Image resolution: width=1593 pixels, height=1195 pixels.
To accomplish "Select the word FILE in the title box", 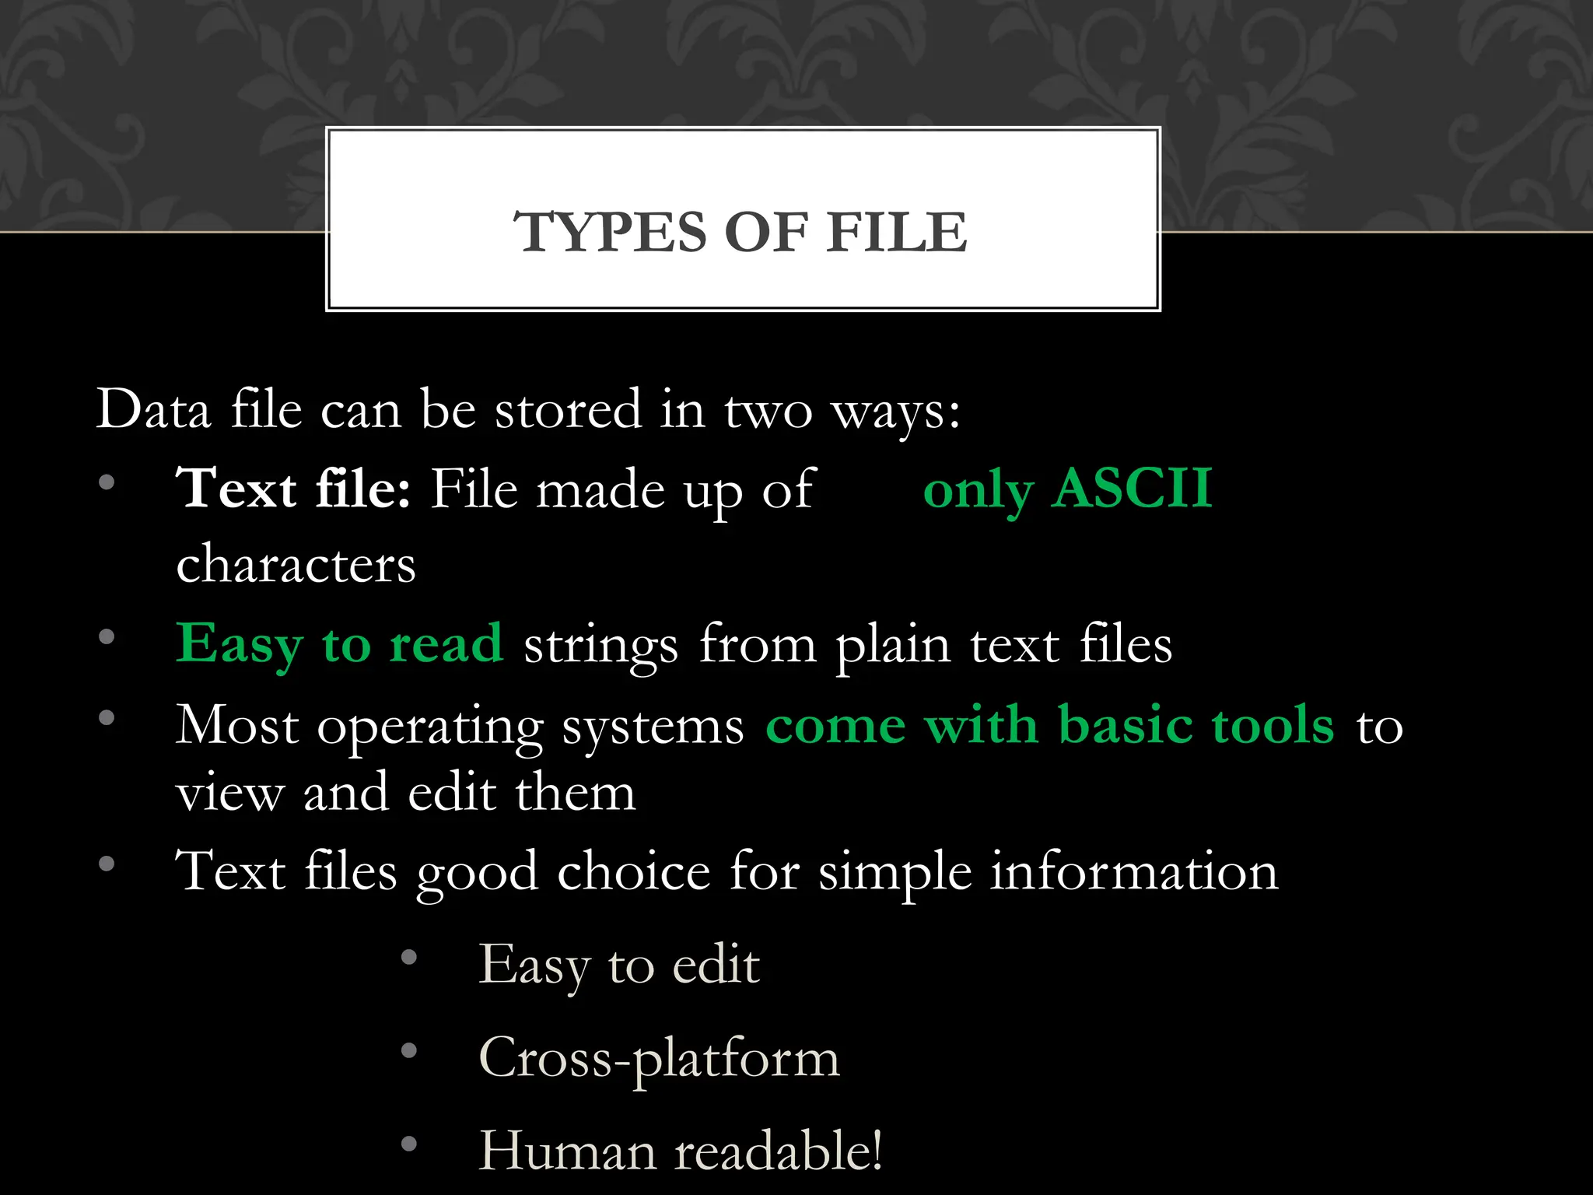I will click(896, 232).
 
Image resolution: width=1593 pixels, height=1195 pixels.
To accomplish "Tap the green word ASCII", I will click(1132, 489).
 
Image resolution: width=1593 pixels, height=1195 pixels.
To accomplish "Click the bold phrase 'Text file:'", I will click(293, 489).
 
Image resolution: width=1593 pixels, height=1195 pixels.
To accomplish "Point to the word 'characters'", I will click(296, 564).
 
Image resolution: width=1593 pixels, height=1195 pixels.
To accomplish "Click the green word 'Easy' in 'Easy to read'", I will click(239, 645).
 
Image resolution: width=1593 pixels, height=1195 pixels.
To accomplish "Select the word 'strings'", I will click(600, 647).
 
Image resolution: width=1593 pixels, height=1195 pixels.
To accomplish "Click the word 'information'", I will click(1134, 871).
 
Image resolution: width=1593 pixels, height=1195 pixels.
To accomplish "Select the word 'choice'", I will click(633, 871).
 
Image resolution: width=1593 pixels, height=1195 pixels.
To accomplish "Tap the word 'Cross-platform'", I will click(659, 1059).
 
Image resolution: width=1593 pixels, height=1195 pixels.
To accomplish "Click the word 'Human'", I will click(567, 1151).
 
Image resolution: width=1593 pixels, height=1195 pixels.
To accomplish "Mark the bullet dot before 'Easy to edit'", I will click(409, 958).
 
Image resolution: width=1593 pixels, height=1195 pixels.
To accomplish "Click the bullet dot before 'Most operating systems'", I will click(107, 717).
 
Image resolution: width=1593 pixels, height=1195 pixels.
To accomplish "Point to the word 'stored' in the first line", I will click(568, 409).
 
